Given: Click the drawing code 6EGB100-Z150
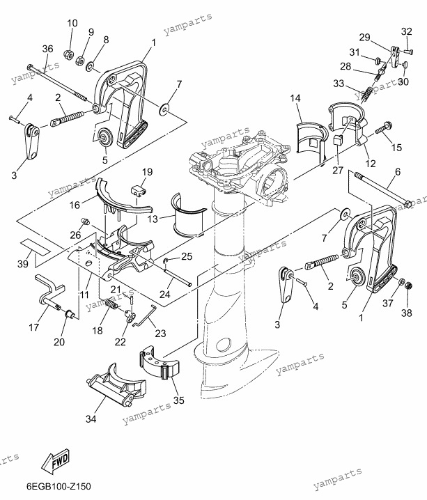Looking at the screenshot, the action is point(59,487).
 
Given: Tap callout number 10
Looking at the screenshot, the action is point(72,23).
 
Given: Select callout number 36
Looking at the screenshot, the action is point(48,49).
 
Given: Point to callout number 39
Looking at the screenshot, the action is point(23,264).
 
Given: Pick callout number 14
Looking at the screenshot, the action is point(295,98).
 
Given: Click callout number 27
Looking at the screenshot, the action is point(338,170).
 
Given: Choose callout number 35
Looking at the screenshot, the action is point(179,400).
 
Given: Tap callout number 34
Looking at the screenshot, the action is point(91,419).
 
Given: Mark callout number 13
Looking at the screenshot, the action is point(153,219).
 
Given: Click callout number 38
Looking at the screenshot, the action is point(407,313).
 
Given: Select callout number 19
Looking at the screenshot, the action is point(148,172).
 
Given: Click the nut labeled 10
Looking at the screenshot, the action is point(68,55).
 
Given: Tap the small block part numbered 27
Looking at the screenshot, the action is point(338,139).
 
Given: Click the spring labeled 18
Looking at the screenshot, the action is point(111,303).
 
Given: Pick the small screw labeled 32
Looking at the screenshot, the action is point(408,51).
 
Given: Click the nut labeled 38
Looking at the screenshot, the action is point(409,287).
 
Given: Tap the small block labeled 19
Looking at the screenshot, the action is point(139,190).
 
